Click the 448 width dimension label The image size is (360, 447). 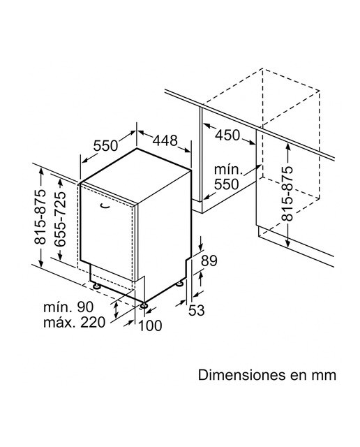tap(165, 140)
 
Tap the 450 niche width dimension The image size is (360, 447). tap(227, 135)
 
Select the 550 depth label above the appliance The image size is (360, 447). tap(105, 146)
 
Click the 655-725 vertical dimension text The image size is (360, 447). tap(60, 219)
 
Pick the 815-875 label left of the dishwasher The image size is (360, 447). tap(40, 217)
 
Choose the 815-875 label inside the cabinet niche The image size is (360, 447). tap(287, 194)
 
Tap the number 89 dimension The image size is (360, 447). tap(209, 261)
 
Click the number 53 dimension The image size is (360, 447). tap(197, 310)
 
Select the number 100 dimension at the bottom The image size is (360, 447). tap(150, 325)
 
